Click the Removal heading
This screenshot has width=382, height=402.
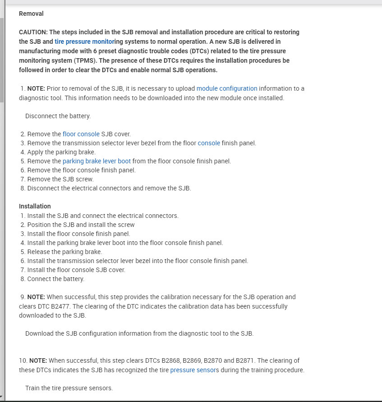(31, 14)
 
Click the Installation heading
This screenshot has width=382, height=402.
(35, 206)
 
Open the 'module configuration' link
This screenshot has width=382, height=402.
(227, 88)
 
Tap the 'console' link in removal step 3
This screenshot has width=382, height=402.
(209, 143)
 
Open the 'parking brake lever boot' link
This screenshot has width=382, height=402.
(97, 161)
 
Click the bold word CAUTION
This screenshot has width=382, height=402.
(33, 32)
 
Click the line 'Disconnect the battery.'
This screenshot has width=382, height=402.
(58, 116)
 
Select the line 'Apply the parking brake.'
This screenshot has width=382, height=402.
(61, 152)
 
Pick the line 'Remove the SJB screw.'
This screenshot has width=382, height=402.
(60, 179)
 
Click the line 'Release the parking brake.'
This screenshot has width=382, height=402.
(64, 252)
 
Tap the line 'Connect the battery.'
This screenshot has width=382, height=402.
(55, 279)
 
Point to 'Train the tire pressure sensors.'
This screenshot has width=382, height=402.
(69, 388)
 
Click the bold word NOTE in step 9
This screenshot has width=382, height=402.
(36, 297)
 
